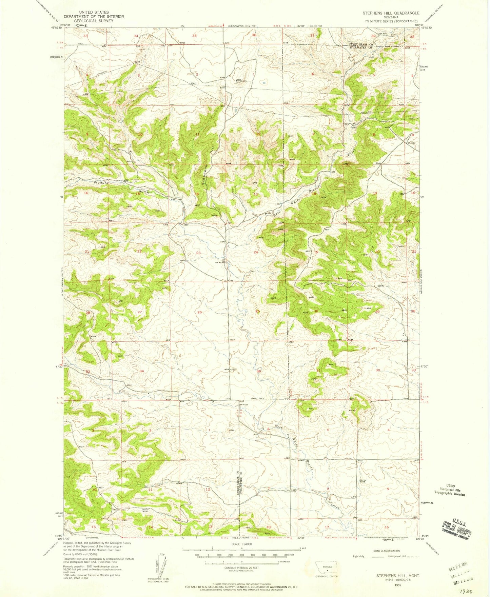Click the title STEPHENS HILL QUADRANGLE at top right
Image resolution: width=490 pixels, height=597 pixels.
click(x=391, y=13)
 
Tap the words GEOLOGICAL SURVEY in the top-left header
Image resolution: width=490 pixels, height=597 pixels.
click(x=94, y=21)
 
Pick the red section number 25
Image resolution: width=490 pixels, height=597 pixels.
click(x=258, y=311)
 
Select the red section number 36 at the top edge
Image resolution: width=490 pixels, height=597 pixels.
click(x=254, y=35)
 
